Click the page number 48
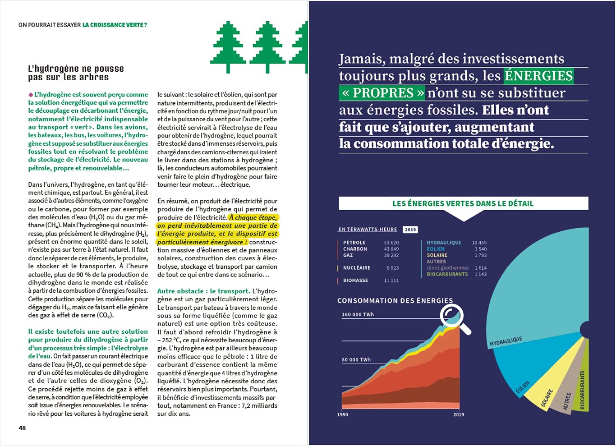(x=22, y=428)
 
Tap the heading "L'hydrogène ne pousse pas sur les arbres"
(x=76, y=73)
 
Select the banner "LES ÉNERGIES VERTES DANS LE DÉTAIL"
(x=463, y=203)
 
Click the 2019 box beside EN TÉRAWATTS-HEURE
(x=410, y=230)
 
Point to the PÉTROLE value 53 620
(x=391, y=243)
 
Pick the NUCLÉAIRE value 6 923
(x=392, y=268)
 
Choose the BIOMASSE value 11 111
(x=391, y=280)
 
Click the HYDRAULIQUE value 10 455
(x=479, y=243)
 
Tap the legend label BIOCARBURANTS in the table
(x=447, y=274)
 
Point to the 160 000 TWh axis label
(x=358, y=315)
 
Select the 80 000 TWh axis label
(x=356, y=360)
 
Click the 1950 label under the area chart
(x=343, y=414)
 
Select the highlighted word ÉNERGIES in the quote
(x=539, y=76)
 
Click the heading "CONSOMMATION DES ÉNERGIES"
(x=395, y=301)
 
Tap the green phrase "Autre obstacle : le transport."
(x=203, y=291)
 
